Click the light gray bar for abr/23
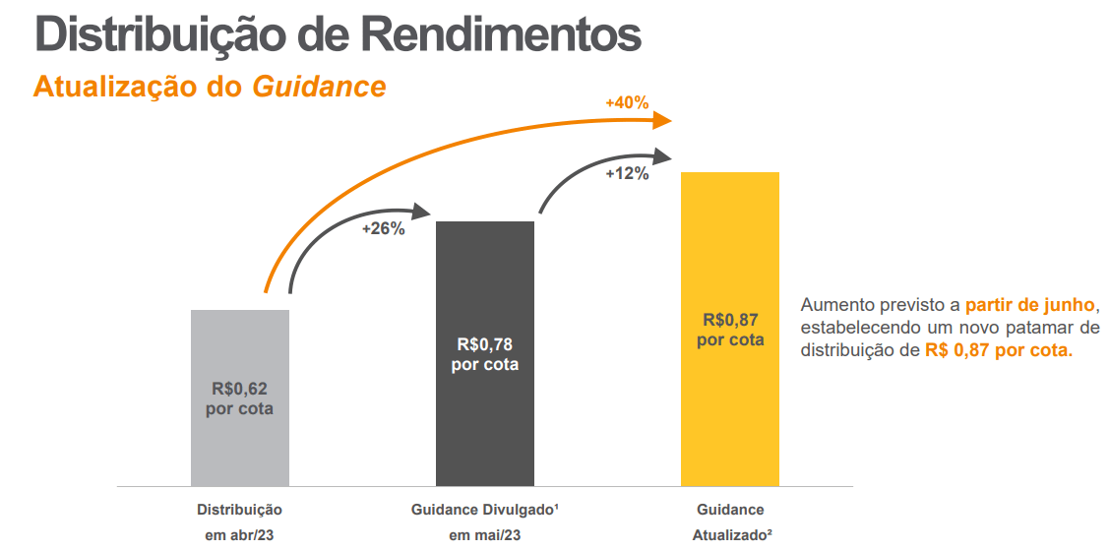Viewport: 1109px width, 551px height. click(240, 443)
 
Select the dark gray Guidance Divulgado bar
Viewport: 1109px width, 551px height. click(485, 423)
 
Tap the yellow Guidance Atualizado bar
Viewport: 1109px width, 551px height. click(730, 413)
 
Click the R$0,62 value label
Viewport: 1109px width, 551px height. click(239, 390)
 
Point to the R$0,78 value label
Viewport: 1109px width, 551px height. click(485, 345)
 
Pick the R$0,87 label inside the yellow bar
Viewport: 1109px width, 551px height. click(730, 320)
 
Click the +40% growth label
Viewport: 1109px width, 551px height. click(627, 102)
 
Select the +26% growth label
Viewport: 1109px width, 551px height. click(384, 230)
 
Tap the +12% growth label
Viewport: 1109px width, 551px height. click(627, 174)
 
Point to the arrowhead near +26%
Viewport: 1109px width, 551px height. click(421, 211)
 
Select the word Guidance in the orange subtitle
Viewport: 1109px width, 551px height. click(319, 87)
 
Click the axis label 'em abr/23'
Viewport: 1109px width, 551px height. click(239, 535)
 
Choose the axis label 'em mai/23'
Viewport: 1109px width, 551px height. click(485, 535)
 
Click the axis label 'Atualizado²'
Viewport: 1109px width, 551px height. click(730, 535)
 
